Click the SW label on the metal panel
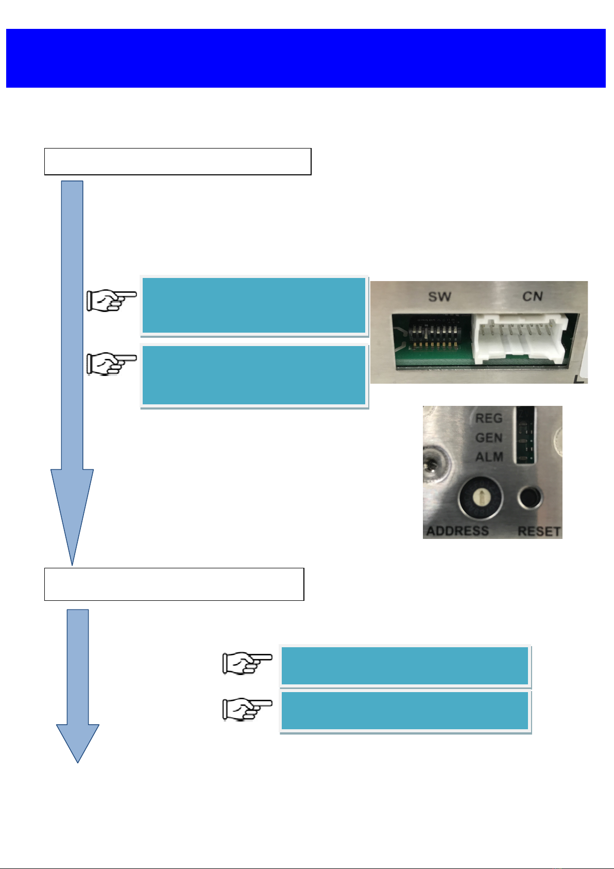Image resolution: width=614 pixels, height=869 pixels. pyautogui.click(x=439, y=297)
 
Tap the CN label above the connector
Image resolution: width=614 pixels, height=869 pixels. pyautogui.click(x=533, y=296)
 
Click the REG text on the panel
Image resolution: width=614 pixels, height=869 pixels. pyautogui.click(x=488, y=418)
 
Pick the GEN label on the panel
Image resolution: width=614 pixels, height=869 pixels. pyautogui.click(x=488, y=438)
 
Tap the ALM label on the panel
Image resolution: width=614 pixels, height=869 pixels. pyautogui.click(x=489, y=457)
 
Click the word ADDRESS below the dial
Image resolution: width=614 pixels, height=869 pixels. pyautogui.click(x=457, y=531)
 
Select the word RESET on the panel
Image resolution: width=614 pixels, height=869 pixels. pyautogui.click(x=539, y=531)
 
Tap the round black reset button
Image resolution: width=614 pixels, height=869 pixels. pyautogui.click(x=530, y=498)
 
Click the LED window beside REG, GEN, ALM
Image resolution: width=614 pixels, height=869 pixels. pyautogui.click(x=524, y=435)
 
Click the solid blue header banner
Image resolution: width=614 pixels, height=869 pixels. pyautogui.click(x=306, y=58)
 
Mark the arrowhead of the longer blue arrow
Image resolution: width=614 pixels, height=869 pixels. pyautogui.click(x=72, y=516)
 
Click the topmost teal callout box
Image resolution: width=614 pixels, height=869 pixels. pyautogui.click(x=254, y=305)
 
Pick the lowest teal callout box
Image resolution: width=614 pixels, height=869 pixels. pyautogui.click(x=405, y=711)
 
